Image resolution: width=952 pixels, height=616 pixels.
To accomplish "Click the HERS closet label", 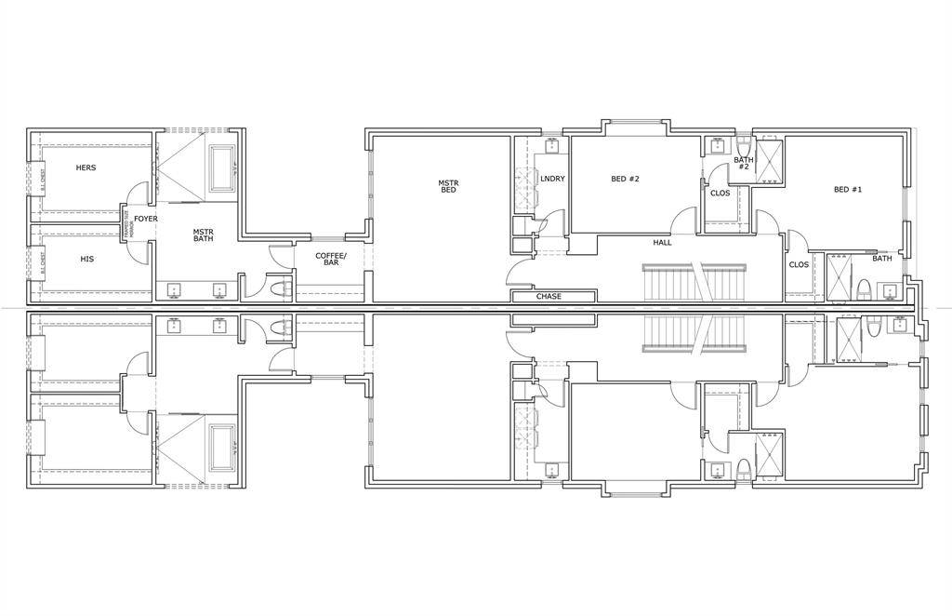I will pyautogui.click(x=86, y=167).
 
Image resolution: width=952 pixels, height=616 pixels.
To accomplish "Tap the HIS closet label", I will pyautogui.click(x=86, y=259).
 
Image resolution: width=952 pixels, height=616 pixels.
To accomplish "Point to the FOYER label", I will pyautogui.click(x=146, y=220).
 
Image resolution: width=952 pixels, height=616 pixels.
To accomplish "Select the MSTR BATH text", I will pyautogui.click(x=204, y=235).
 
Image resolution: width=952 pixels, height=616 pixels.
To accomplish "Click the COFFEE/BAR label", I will pyautogui.click(x=331, y=259).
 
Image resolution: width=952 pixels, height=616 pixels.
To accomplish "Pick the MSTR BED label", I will pyautogui.click(x=448, y=186).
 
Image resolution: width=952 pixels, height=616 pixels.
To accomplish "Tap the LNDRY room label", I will pyautogui.click(x=553, y=179).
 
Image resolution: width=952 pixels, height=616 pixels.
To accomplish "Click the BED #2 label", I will pyautogui.click(x=625, y=179).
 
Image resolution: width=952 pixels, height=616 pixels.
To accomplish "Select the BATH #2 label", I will pyautogui.click(x=743, y=163).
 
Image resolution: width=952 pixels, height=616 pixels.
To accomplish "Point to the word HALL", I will pyautogui.click(x=662, y=243).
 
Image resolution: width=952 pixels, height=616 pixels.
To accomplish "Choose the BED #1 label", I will pyautogui.click(x=848, y=190).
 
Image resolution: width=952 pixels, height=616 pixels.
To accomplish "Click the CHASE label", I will pyautogui.click(x=549, y=297).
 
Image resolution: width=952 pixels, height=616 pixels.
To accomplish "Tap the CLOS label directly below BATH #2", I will pyautogui.click(x=720, y=194).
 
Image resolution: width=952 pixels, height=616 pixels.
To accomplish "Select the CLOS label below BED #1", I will pyautogui.click(x=799, y=264).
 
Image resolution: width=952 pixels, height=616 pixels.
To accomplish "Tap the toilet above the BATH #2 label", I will pyautogui.click(x=744, y=146).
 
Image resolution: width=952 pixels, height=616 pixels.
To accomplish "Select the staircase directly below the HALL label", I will pyautogui.click(x=695, y=282).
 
